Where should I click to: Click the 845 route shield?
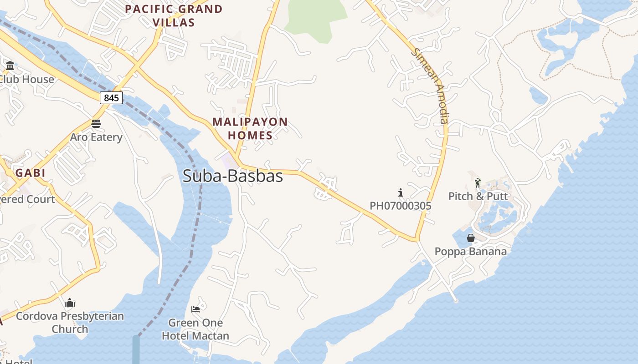(111, 98)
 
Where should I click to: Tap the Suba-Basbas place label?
(232, 176)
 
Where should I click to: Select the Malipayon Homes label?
(250, 129)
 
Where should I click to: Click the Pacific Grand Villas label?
(174, 15)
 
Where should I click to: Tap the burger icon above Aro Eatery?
(96, 124)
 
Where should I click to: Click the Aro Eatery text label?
(96, 137)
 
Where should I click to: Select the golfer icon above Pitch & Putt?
(478, 183)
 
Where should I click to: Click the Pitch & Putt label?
(478, 196)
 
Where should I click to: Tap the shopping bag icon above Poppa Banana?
(470, 238)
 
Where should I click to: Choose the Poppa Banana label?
(470, 251)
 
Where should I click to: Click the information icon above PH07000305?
(401, 192)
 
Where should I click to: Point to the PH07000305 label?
(400, 206)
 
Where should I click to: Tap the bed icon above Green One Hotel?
(196, 309)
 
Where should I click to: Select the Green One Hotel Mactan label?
(196, 329)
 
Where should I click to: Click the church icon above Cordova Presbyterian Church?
(70, 303)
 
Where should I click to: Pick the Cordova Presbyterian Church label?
(70, 322)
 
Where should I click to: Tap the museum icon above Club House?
(10, 66)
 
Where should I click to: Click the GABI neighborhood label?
(31, 173)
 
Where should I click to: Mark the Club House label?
(26, 79)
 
